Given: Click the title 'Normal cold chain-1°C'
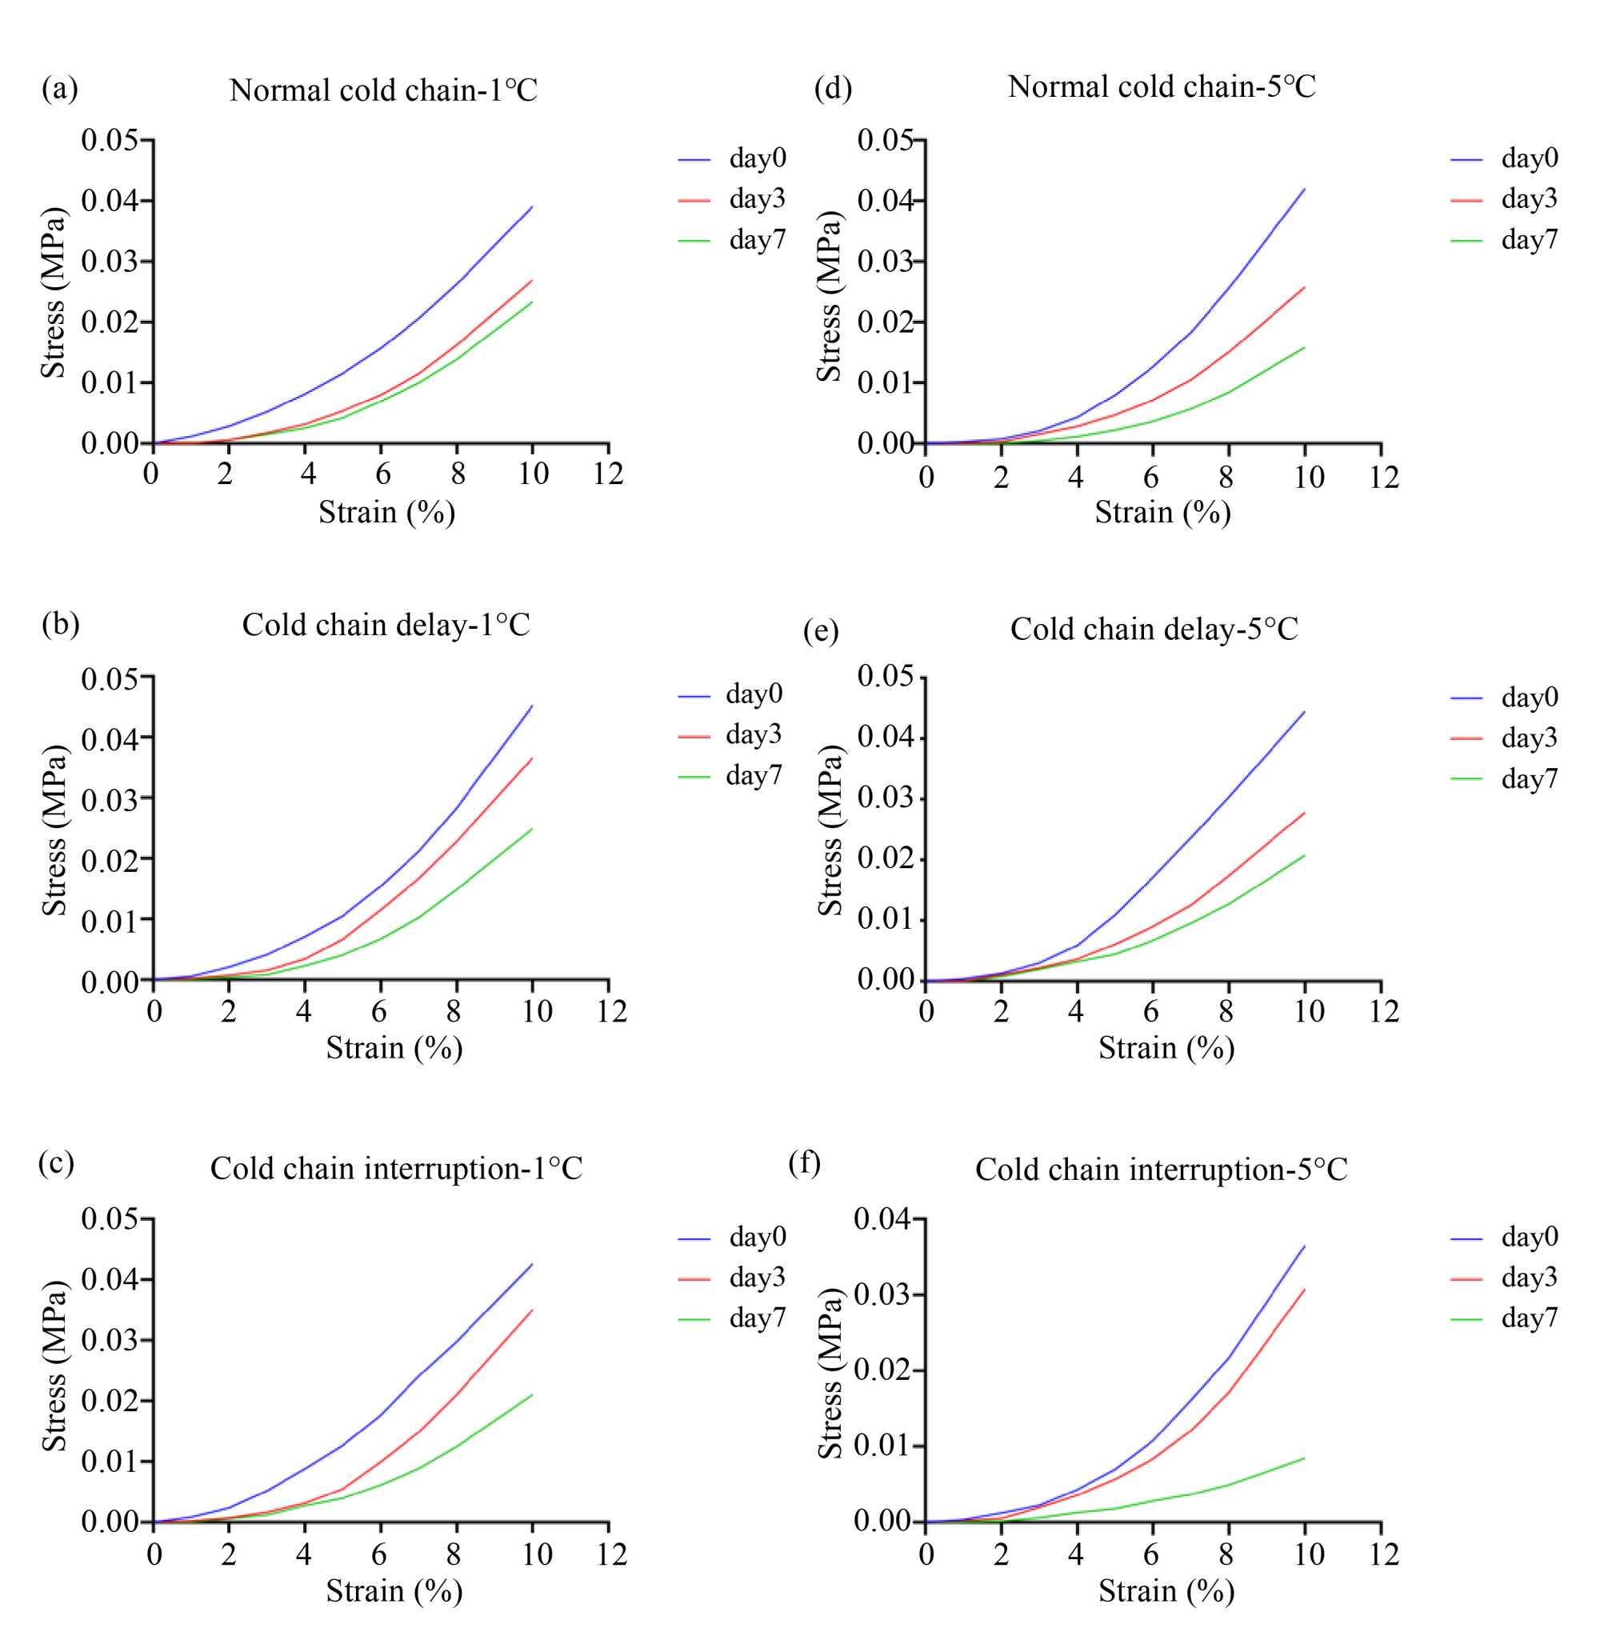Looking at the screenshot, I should (x=383, y=90).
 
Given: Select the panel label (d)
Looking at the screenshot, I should (x=833, y=87).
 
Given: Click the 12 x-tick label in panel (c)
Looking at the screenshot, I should (x=612, y=1554).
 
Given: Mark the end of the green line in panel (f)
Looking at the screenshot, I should (x=1304, y=1458).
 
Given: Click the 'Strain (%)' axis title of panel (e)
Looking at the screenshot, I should (x=1166, y=1048).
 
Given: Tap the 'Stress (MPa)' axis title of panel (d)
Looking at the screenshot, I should (x=830, y=296).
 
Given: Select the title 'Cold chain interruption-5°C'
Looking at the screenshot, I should (x=1161, y=1169).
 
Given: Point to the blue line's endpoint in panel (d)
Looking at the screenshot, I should (x=1304, y=189).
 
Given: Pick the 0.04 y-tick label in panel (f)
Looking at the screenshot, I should (x=882, y=1218).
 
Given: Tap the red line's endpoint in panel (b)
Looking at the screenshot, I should (x=532, y=758).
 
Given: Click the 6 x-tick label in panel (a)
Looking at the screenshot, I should (x=383, y=474).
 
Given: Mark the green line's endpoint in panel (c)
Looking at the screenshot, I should (x=532, y=1394).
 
